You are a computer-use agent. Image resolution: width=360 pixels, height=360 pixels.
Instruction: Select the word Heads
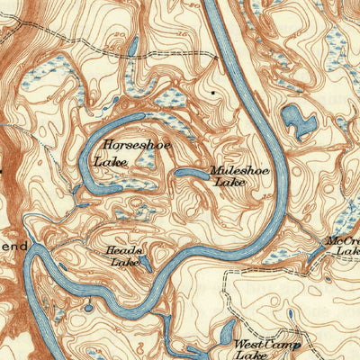(119, 250)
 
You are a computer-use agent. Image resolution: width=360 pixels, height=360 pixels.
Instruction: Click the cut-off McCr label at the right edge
(344, 240)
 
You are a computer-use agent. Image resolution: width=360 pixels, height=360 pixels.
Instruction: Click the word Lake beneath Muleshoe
(229, 182)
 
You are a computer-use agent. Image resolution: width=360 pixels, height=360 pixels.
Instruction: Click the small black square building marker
(212, 91)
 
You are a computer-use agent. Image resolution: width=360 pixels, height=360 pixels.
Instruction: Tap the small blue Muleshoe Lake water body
(191, 172)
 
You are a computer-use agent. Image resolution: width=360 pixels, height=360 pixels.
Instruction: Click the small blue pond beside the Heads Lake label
(144, 262)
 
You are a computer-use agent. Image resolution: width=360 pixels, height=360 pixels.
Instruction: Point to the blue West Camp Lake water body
(226, 332)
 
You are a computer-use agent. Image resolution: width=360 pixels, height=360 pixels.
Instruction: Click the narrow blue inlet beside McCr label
(315, 256)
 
